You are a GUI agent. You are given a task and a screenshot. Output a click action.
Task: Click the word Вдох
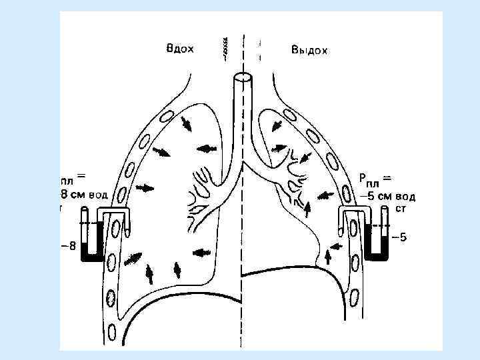(x=179, y=48)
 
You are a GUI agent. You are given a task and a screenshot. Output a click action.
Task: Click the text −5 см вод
(x=387, y=197)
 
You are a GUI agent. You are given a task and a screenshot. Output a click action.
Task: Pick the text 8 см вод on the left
(x=84, y=194)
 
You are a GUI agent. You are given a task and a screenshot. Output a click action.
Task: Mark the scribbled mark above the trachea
(x=227, y=47)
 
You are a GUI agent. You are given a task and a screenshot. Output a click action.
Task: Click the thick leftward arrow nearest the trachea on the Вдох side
(x=207, y=148)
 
